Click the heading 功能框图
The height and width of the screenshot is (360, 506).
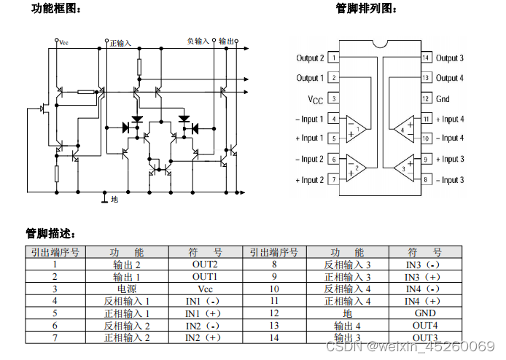coord(56,9)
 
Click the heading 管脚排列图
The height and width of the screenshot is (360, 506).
coord(367,9)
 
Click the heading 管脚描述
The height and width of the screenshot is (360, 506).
coord(50,234)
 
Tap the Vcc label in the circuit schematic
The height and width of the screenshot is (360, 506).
coord(64,43)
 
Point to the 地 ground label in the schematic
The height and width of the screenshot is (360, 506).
coord(114,198)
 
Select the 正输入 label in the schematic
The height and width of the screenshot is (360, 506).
coord(120,43)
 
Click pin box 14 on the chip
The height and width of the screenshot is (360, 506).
coord(426,58)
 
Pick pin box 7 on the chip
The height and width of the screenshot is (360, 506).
coord(332,179)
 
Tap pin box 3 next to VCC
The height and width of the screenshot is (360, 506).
coord(332,98)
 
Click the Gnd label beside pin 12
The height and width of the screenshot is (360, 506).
coord(443,98)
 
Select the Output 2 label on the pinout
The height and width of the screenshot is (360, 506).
coord(309,58)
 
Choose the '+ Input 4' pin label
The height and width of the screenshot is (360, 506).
coord(450,119)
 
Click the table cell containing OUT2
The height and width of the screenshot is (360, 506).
coord(205,264)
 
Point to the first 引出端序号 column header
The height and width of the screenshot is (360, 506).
coord(55,251)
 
